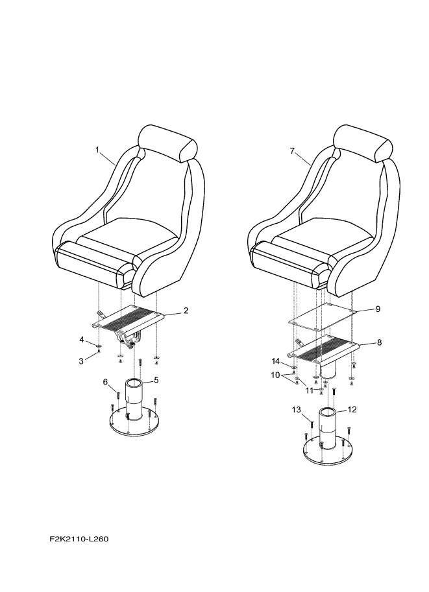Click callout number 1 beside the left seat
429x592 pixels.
click(x=97, y=150)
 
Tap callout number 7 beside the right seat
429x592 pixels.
click(x=292, y=150)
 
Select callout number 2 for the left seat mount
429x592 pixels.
click(x=186, y=311)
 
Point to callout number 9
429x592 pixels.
click(x=378, y=309)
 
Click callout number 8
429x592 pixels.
click(x=379, y=342)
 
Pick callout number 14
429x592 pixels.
click(x=276, y=361)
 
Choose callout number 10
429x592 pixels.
click(x=276, y=375)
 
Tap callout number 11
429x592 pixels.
click(x=310, y=390)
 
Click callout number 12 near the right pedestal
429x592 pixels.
click(x=352, y=409)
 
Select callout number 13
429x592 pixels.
click(x=297, y=409)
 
